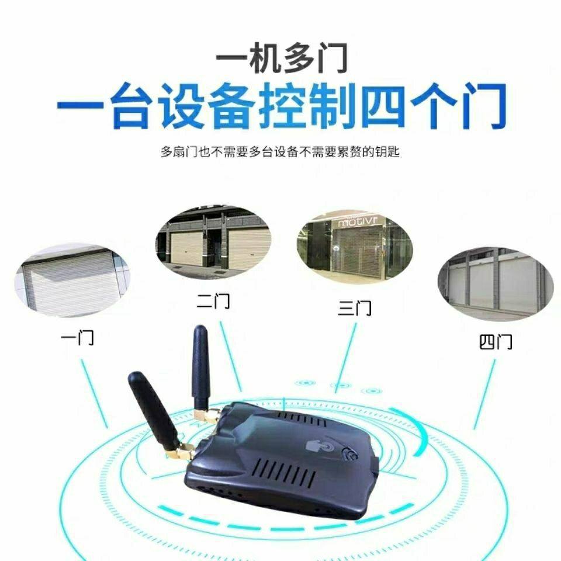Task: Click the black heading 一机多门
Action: tap(281, 58)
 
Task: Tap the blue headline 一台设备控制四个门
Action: tap(280, 106)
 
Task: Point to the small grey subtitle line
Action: tap(280, 153)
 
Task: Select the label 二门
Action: tap(213, 302)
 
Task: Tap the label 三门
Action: tap(354, 307)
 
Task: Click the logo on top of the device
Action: tap(319, 447)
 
